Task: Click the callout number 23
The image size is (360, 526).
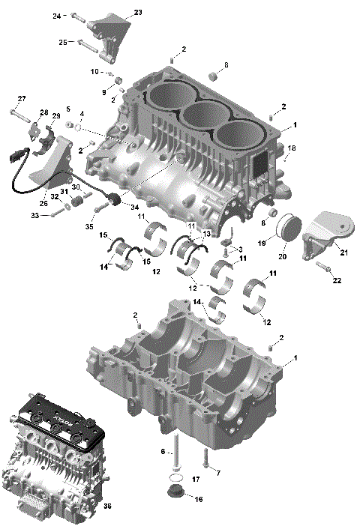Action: point(137,12)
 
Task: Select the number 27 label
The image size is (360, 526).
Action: point(22,99)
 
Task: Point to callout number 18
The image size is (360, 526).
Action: point(292,148)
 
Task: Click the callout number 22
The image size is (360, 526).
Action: point(337,280)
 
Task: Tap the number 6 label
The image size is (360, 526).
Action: point(162,452)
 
